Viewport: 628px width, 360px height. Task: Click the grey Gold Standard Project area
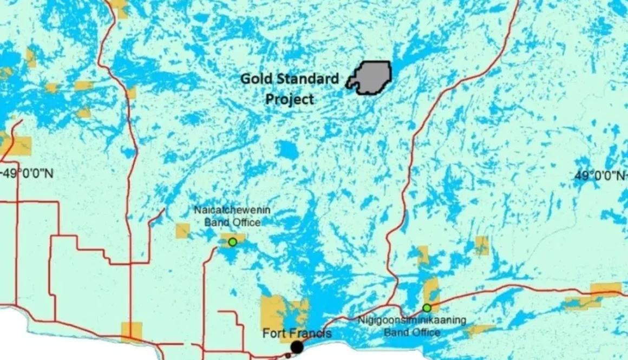tap(372, 77)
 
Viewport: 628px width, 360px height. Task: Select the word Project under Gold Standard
tap(289, 99)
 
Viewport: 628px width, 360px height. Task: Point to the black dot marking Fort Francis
tap(297, 347)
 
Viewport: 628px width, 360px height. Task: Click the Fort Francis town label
tap(296, 333)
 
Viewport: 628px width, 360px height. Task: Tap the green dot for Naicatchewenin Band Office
tap(232, 242)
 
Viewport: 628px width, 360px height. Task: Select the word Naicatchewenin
tap(232, 211)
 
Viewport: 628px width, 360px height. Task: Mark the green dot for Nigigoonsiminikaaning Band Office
tap(427, 308)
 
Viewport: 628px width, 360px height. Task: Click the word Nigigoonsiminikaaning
tap(411, 320)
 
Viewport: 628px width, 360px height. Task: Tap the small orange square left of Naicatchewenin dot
tap(182, 231)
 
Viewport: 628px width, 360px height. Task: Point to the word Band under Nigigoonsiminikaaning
tap(396, 331)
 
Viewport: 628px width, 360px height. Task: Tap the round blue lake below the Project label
tap(287, 150)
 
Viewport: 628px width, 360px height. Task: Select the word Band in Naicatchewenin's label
tap(215, 222)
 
